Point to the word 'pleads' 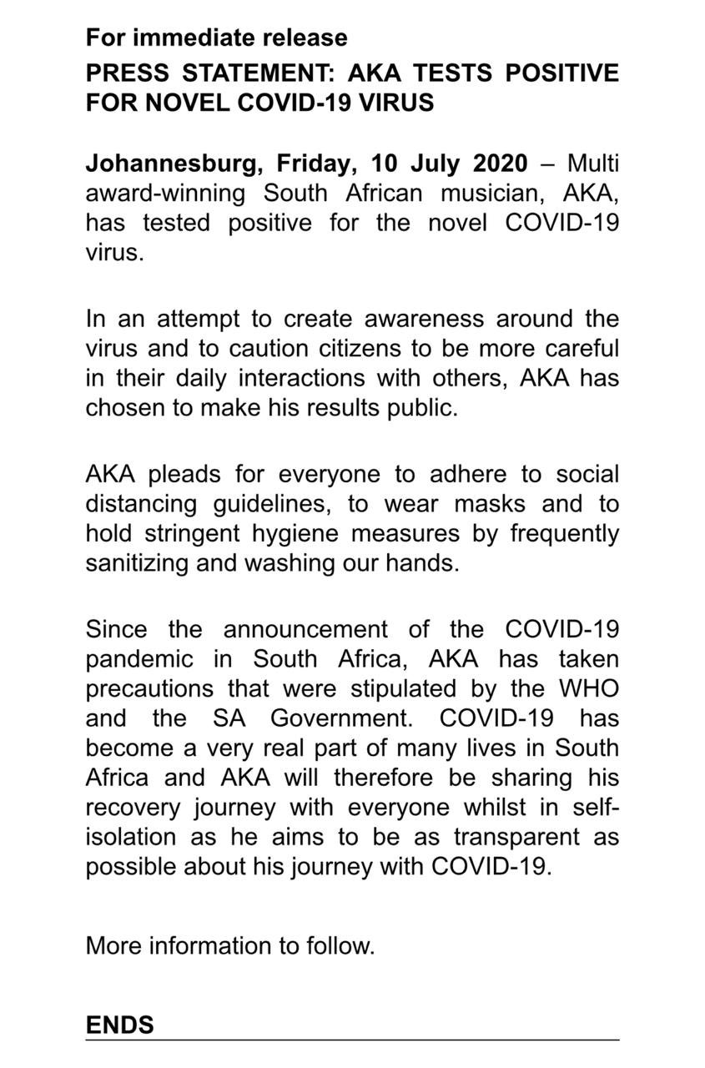point(184,474)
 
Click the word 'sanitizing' point(137,563)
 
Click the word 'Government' point(343,718)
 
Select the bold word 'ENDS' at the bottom point(119,1025)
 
